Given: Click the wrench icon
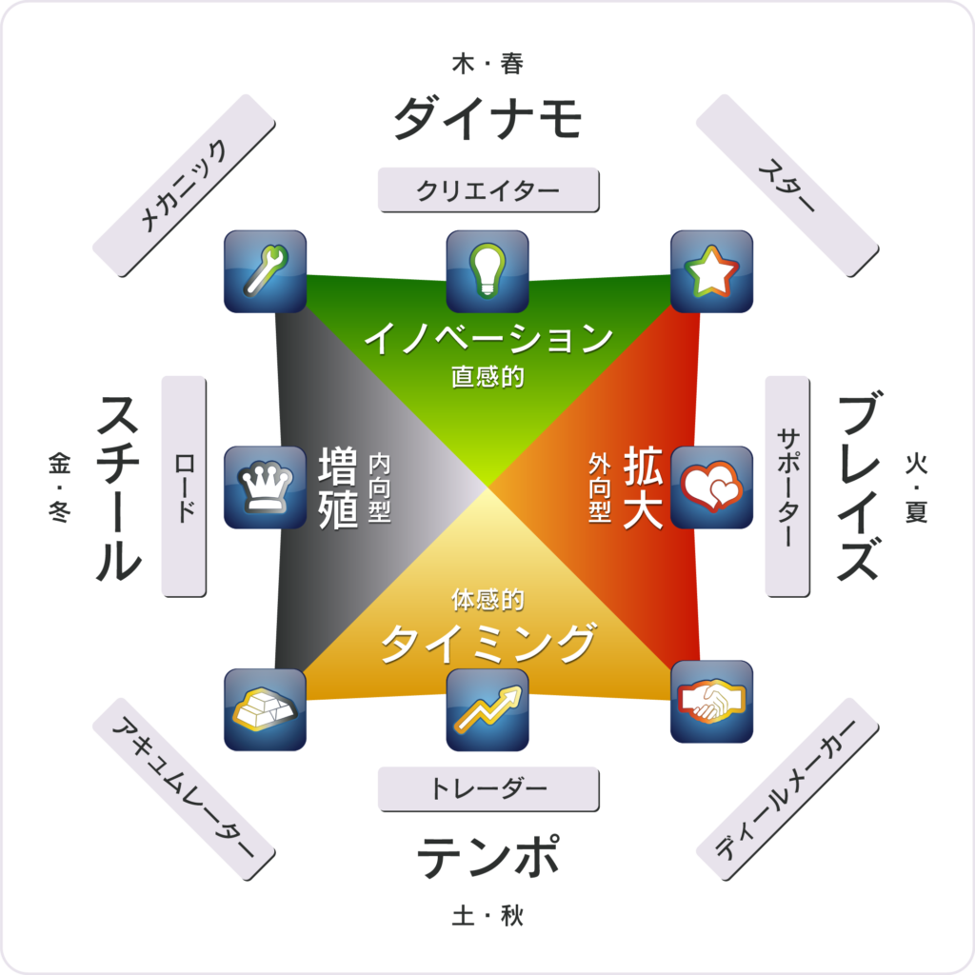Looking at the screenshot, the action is point(265,271).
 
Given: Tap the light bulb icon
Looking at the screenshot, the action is point(487,271).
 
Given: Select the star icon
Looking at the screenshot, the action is point(711,271).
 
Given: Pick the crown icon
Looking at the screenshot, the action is point(265,487).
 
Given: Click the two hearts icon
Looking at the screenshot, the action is point(711,487).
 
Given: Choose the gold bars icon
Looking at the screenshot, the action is point(265,710).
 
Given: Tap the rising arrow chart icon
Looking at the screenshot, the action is point(487,710).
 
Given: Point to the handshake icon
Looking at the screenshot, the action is point(711,702).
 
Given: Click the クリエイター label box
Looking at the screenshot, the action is point(488,189).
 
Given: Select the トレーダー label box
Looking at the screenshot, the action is point(488,789).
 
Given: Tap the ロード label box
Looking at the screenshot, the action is point(184,487).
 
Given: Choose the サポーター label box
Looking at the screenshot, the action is point(787,487).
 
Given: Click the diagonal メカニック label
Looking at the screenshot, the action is point(184,186).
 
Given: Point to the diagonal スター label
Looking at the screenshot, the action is point(787,186).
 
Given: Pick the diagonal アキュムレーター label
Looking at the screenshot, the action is point(184,789).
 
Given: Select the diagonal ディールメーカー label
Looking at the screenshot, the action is point(787,789).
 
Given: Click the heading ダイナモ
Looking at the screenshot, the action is point(488,117).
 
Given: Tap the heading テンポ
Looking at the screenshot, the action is point(488,856).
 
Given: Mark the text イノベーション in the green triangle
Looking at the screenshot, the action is point(488,338).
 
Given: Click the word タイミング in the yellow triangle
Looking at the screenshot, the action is point(488,644).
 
